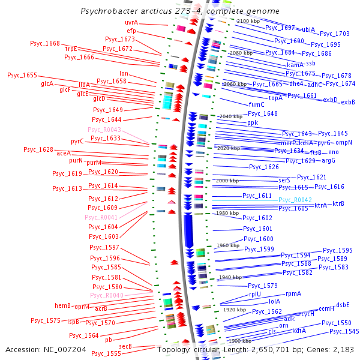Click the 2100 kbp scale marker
248,21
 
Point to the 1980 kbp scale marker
227,213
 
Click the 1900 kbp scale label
239,341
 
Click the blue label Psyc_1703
334,34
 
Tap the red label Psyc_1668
45,43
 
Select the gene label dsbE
343,305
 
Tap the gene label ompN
344,142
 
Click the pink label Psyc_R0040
106,295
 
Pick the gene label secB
125,346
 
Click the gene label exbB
348,102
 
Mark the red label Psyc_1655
22,75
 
